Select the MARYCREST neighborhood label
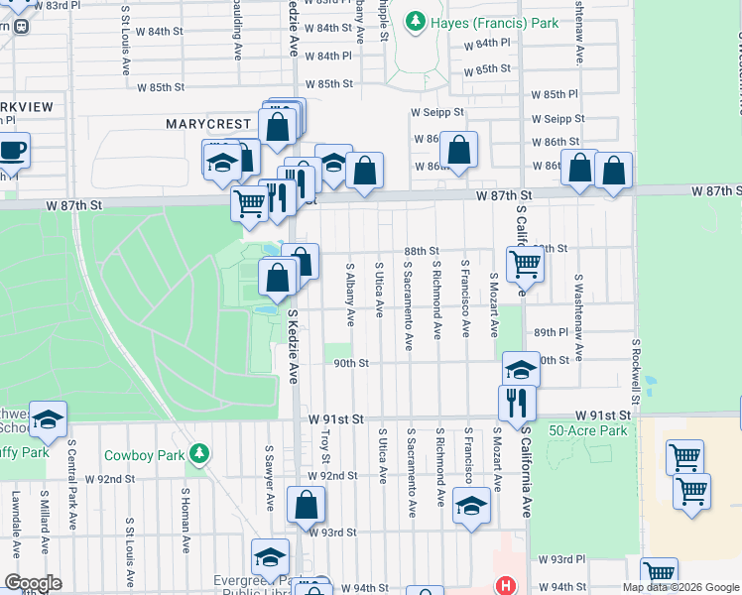coord(208,124)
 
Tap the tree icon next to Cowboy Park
coord(199,453)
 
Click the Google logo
coord(34,583)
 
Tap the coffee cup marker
coord(12,151)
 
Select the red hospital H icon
coord(507,585)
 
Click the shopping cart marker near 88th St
coord(525,265)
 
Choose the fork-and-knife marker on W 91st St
coord(516,403)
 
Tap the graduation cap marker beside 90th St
coord(520,370)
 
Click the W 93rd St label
coord(331,533)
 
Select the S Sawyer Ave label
coord(269,477)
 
